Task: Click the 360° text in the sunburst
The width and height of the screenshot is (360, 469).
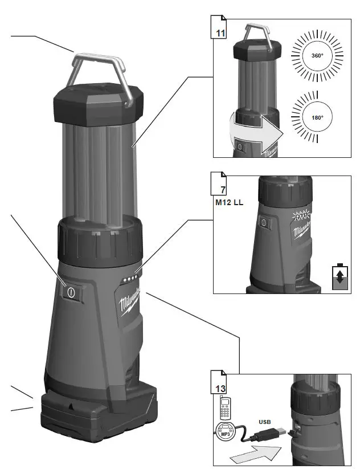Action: pos(317,56)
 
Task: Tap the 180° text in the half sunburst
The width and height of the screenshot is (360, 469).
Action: pos(317,117)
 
